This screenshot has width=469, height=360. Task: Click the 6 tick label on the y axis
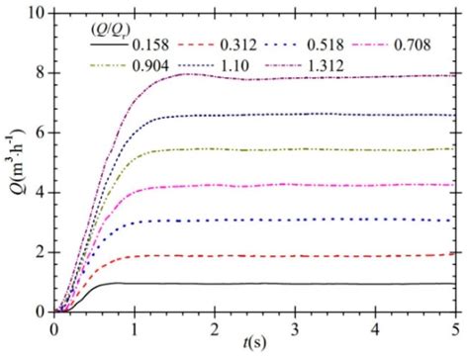[x=40, y=133]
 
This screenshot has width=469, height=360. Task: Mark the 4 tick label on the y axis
[x=40, y=192]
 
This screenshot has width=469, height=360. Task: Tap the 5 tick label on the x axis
[x=455, y=327]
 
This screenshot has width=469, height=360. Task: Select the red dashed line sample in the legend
[x=204, y=45]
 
